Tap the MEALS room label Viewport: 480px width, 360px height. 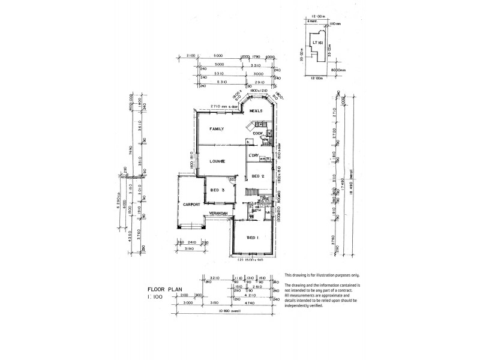(257, 111)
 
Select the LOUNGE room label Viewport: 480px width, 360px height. (217, 161)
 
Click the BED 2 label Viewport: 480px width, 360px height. (259, 176)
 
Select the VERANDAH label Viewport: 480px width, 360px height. (220, 214)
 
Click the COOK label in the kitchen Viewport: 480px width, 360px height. (258, 133)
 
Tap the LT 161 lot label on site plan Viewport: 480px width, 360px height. (316, 44)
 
